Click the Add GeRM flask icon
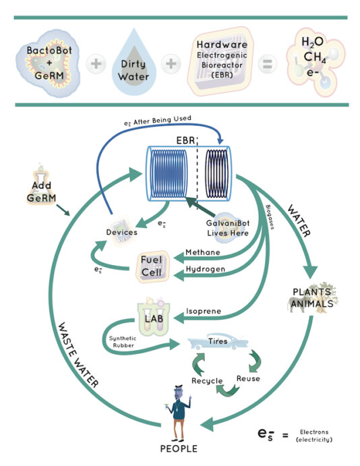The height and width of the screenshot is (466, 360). pos(42,185)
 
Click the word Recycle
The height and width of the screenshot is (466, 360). pos(208,381)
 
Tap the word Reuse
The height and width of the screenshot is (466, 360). pos(248,379)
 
